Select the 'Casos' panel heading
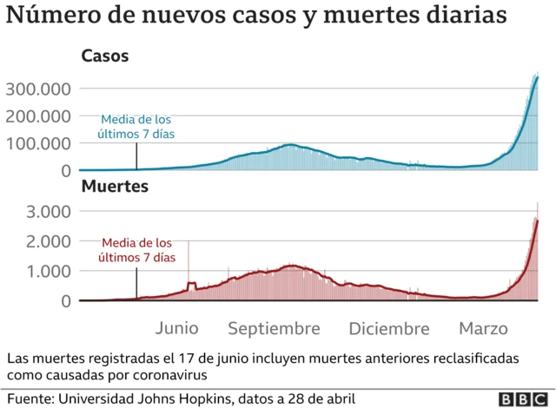[x=104, y=56]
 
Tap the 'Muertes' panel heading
[x=114, y=186]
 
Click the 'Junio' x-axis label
[x=177, y=329]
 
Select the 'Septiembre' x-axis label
[x=275, y=329]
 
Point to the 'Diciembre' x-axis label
[x=388, y=329]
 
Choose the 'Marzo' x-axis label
[x=484, y=329]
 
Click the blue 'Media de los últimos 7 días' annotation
[x=137, y=127]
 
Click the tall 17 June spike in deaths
[x=189, y=260]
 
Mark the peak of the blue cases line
[x=538, y=77]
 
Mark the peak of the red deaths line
[x=538, y=220]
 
